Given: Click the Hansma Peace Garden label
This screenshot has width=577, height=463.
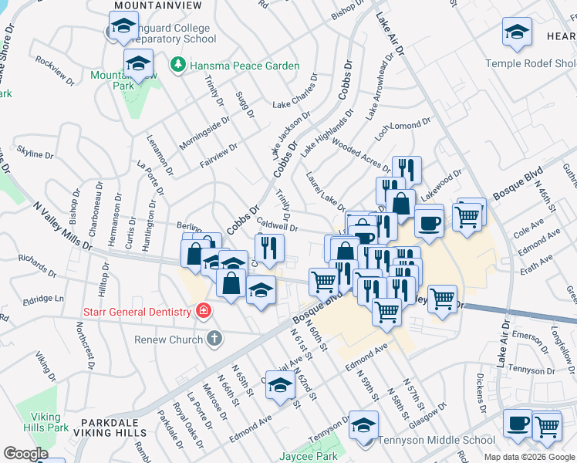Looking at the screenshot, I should coord(245,66).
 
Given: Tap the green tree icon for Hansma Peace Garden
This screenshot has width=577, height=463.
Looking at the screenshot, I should coord(178,65).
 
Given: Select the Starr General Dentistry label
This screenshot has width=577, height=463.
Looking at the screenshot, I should coord(137,312).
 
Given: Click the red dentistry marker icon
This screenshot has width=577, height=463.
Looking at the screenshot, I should coord(204,312).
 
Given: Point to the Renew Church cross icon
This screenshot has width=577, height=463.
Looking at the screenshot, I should coord(214,338).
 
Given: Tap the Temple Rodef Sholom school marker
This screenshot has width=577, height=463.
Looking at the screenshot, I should coord(517,32).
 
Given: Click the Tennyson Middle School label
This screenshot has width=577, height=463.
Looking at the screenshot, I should coord(436,440).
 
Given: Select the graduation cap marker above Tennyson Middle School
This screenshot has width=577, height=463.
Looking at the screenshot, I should coord(363,424).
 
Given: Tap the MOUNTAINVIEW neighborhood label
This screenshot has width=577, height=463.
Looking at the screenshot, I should coord(157,5).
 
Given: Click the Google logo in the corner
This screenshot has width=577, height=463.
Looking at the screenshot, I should coord(25,454).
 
